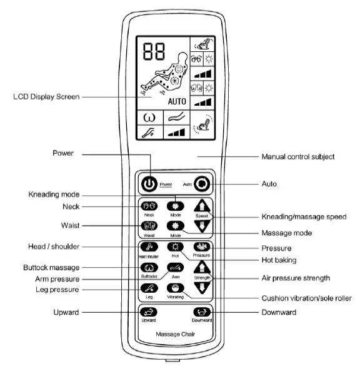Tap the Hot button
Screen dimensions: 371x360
coord(176,247)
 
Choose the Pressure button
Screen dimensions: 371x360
coord(202,247)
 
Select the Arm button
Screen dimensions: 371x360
coord(176,267)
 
